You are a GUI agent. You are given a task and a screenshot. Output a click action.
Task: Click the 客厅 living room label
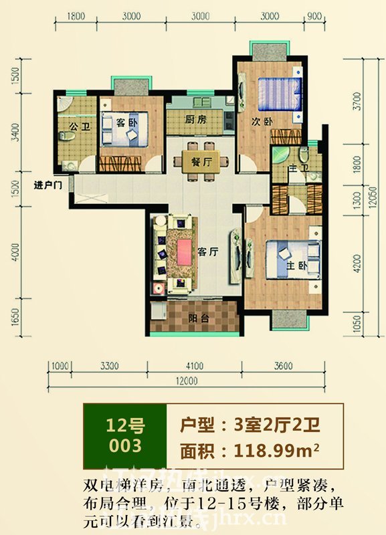point(209,251)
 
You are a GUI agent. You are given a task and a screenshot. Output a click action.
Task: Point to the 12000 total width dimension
point(195,382)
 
